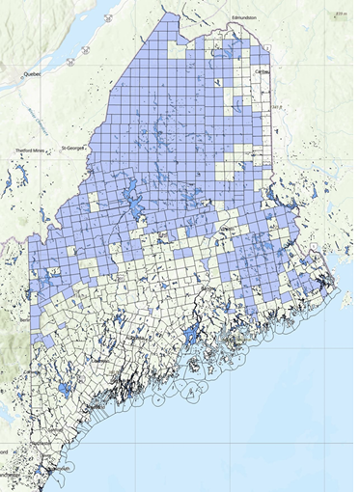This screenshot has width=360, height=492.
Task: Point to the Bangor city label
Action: click(208, 287)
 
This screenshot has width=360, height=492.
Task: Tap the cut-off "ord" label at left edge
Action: click(5, 450)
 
